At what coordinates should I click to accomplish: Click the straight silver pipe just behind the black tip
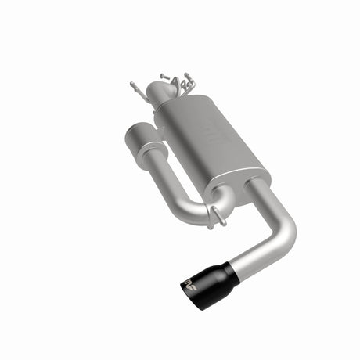tap(254, 255)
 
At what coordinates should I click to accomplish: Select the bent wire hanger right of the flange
tap(189, 81)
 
